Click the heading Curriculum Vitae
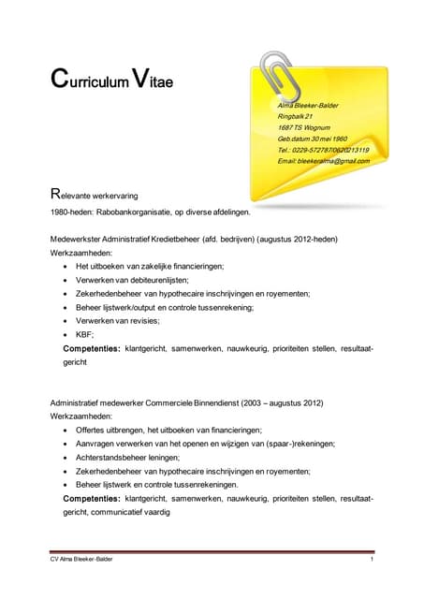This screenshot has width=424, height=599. pos(111,80)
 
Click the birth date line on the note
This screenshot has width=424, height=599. pos(313,139)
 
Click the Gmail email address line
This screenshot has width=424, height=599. pos(323,161)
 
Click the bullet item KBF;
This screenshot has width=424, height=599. pos(86,334)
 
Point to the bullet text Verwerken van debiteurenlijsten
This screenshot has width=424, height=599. pos(132,280)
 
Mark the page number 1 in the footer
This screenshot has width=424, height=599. pos(372,559)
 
